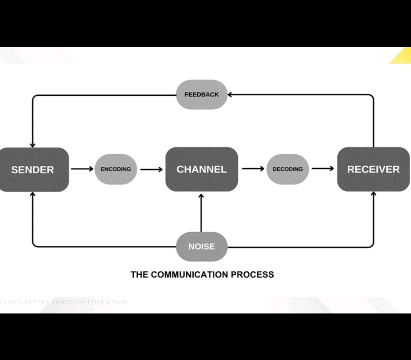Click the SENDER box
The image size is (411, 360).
point(33,169)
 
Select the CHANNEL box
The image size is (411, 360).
point(202,169)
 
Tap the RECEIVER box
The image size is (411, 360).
point(373,169)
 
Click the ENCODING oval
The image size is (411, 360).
point(116,169)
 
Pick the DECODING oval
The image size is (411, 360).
point(288,169)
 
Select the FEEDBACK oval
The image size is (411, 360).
point(202,94)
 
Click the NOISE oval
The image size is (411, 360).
point(202,246)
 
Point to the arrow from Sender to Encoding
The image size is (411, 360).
point(82,169)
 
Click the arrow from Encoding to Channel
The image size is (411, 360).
point(151,169)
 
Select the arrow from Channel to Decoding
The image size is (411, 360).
point(252,169)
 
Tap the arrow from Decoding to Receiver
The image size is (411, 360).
point(322,169)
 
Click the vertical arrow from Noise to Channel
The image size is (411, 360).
point(202,212)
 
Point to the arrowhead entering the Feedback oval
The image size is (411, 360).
point(231,94)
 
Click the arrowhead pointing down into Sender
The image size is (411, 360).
point(32,144)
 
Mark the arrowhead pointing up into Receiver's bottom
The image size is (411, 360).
point(374,194)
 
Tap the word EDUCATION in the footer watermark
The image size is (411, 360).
point(108,302)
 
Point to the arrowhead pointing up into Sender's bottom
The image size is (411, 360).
point(32,194)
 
